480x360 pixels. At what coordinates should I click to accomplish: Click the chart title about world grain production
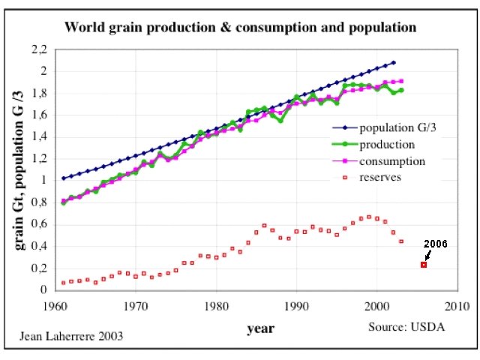[240, 28]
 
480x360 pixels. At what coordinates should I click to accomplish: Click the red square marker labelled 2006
[424, 265]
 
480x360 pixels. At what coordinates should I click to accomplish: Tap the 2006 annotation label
[435, 244]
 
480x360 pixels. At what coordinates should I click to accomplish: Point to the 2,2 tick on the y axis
[38, 50]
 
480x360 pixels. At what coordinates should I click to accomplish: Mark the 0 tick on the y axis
[43, 289]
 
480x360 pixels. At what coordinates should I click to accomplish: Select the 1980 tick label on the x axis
[216, 306]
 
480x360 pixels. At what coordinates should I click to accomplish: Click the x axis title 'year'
[260, 328]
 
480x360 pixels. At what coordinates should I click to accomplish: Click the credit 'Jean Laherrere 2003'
[71, 336]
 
